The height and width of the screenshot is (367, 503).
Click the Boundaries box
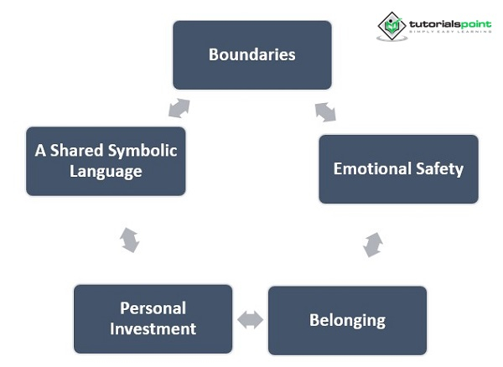tap(251, 55)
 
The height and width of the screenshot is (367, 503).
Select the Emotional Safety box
tap(398, 169)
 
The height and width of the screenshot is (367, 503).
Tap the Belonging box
tap(347, 320)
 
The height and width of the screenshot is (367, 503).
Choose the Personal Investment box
tap(153, 319)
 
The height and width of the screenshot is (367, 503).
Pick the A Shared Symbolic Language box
tap(106, 162)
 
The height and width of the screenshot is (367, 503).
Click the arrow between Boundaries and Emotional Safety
tap(325, 111)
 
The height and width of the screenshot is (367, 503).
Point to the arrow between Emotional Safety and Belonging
tap(373, 245)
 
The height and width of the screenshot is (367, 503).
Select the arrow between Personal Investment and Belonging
tap(250, 319)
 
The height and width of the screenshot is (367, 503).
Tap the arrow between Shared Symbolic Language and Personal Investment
tap(129, 240)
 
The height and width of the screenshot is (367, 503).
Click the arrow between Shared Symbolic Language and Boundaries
tap(179, 108)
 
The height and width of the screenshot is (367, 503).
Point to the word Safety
tap(441, 169)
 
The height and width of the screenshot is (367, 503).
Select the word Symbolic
tap(143, 151)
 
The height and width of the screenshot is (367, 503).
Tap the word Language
tap(106, 172)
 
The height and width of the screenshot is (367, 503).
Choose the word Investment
tap(153, 328)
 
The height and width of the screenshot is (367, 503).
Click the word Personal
tap(153, 308)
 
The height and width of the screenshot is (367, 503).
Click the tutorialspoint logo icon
tap(391, 25)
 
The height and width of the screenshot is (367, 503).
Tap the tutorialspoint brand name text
tap(450, 24)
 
